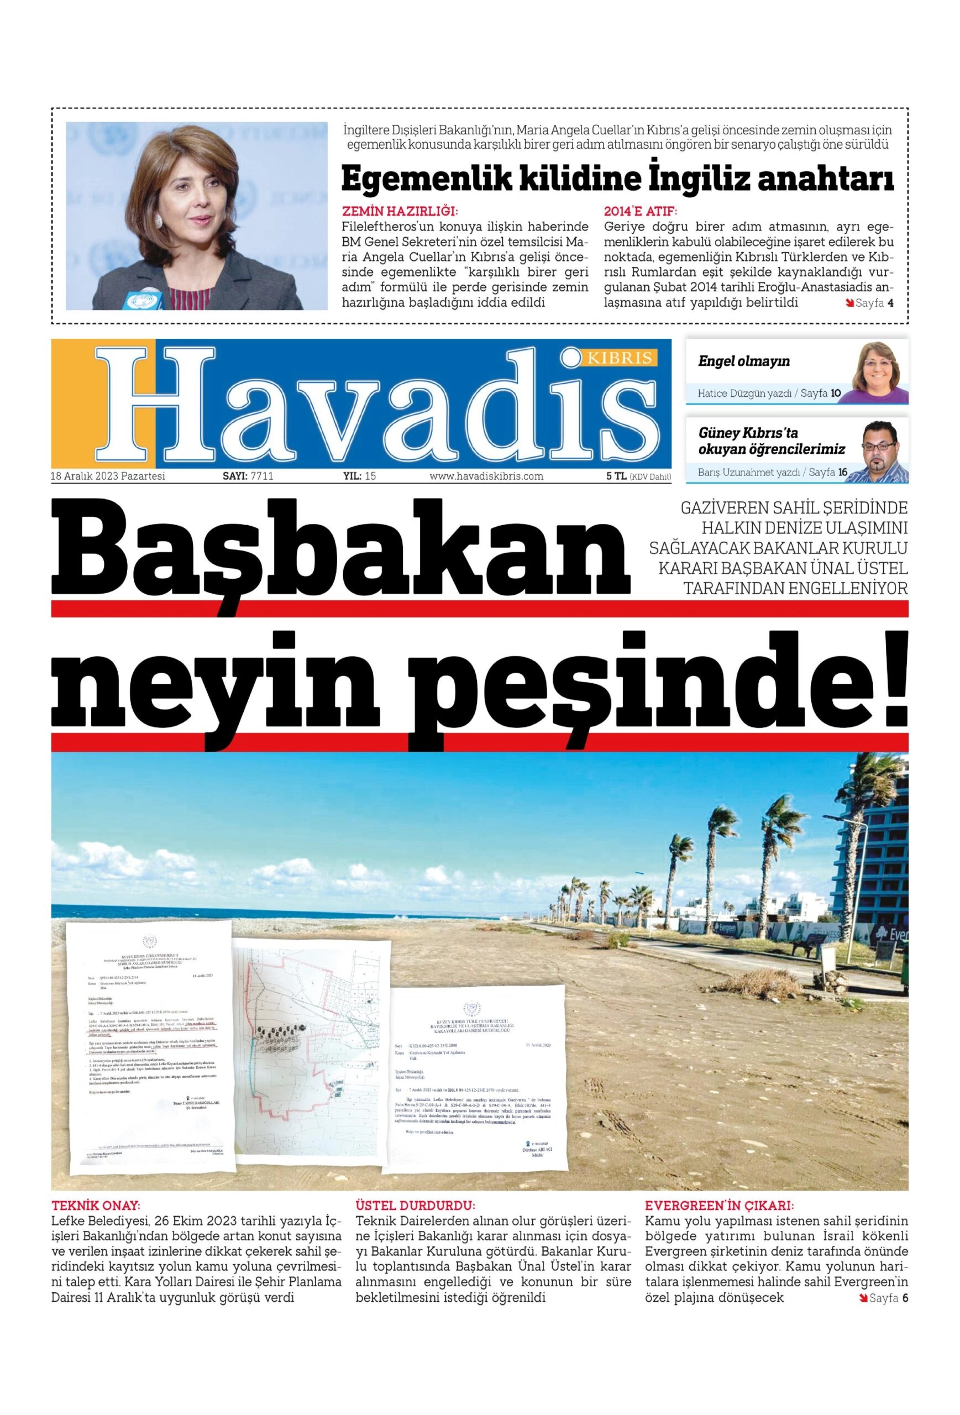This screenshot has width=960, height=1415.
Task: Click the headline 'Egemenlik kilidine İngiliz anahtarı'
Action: tap(617, 179)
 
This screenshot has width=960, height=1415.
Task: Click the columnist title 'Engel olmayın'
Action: tap(743, 361)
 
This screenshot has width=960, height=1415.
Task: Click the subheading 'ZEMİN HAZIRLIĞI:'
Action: tap(400, 212)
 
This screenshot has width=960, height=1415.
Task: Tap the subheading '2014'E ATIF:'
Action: tap(640, 212)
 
